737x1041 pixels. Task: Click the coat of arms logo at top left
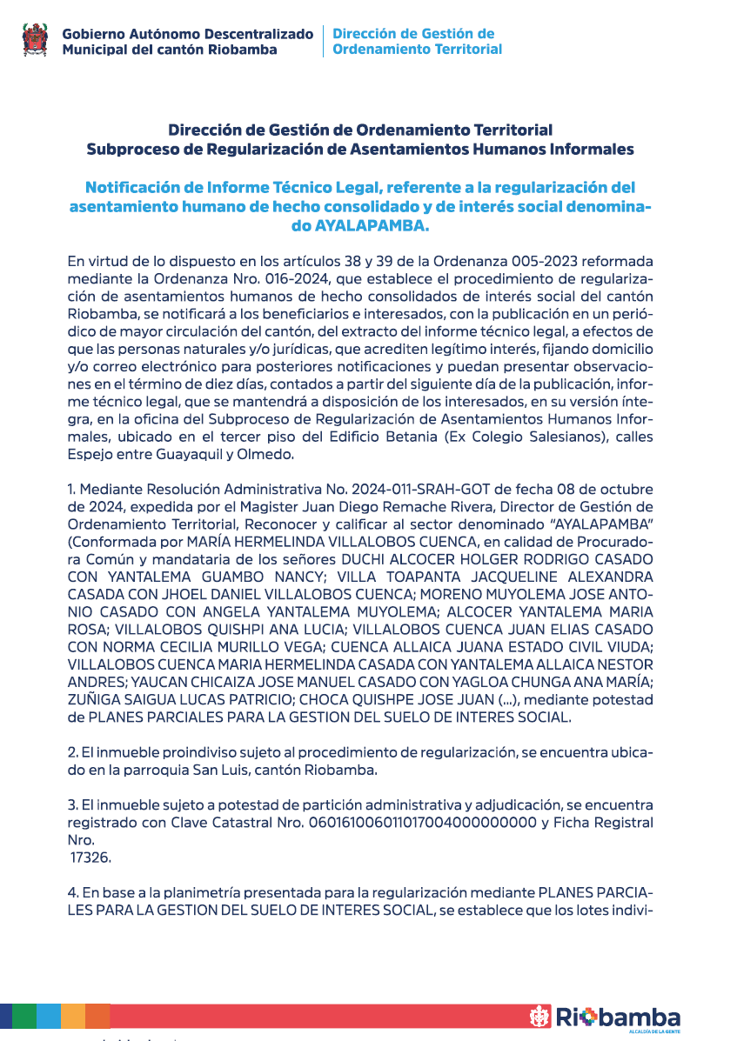pyautogui.click(x=35, y=40)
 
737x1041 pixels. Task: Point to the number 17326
pyautogui.click(x=91, y=857)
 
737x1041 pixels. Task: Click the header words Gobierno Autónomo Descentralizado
pyautogui.click(x=187, y=34)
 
